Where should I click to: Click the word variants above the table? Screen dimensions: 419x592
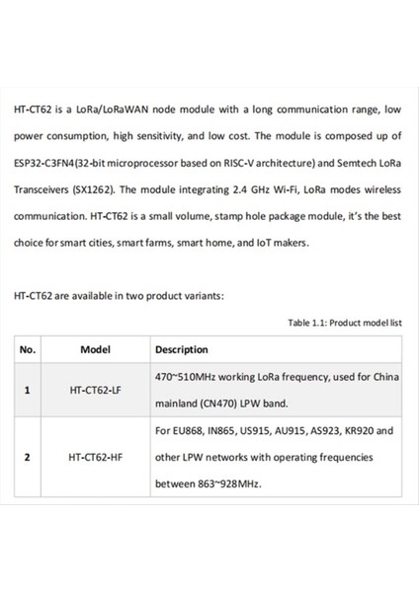click(x=206, y=295)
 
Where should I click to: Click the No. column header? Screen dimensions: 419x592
click(x=28, y=349)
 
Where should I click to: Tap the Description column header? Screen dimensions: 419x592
click(x=182, y=349)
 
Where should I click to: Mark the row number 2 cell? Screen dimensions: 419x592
click(x=27, y=457)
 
